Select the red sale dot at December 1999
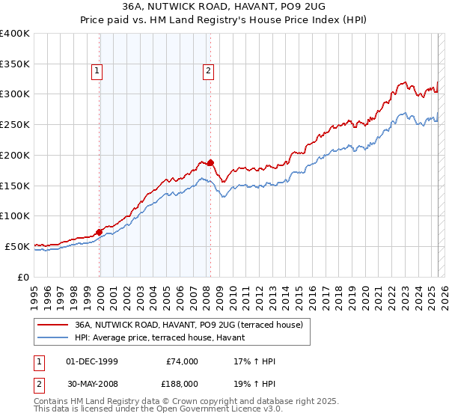point(100,231)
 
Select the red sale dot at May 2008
point(211,162)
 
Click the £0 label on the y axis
point(22,277)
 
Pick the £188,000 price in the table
point(182,382)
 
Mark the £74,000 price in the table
point(182,361)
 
